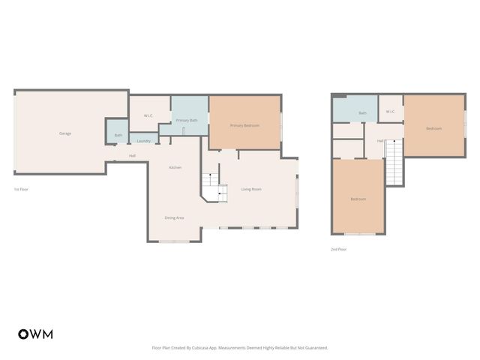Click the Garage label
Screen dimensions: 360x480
pos(65,133)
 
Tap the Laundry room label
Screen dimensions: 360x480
pos(143,141)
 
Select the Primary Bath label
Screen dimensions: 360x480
pos(187,120)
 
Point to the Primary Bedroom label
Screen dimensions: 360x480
pos(244,125)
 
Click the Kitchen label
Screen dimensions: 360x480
pos(175,167)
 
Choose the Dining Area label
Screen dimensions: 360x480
pos(174,217)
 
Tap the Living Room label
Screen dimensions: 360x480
pos(251,189)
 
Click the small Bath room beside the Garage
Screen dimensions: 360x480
pos(118,136)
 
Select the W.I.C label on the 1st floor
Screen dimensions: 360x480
pos(148,115)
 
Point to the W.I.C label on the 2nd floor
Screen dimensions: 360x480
pos(390,112)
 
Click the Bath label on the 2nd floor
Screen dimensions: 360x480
pos(362,113)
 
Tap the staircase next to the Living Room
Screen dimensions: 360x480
pos(214,187)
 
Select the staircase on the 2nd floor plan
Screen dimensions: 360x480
pos(394,161)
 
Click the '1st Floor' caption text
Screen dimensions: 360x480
pos(21,189)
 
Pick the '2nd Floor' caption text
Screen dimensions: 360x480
pos(338,249)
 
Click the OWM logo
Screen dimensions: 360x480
pos(35,334)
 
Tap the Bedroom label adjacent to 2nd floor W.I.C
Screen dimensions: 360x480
pos(433,128)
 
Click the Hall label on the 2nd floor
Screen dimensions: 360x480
pos(380,140)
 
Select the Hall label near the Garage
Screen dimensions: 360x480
pos(132,155)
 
